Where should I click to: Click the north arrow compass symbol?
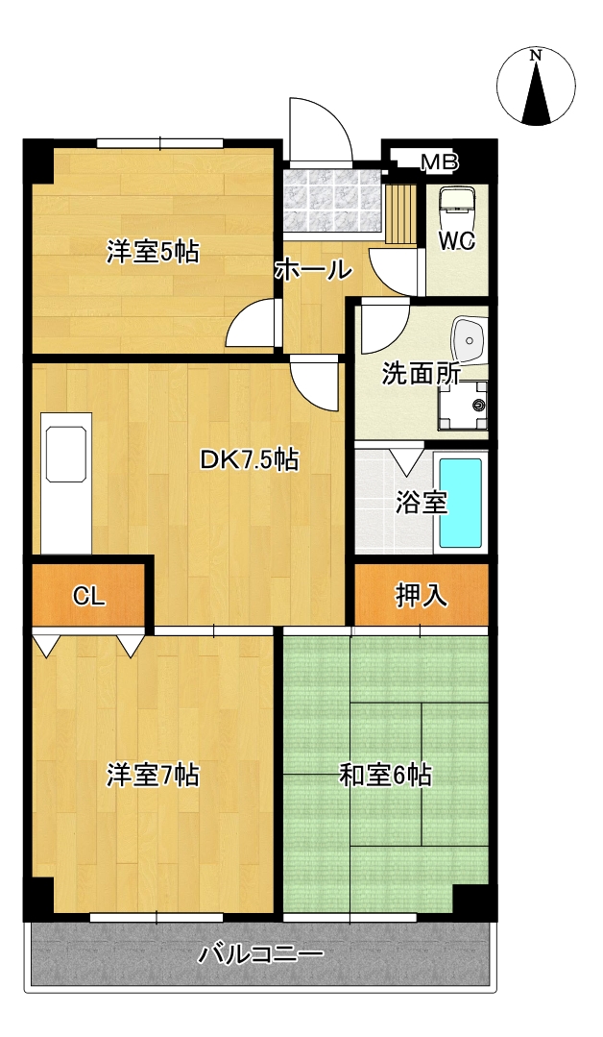click(537, 86)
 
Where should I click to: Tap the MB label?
click(439, 162)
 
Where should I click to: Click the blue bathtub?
click(460, 503)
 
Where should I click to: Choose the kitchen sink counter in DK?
click(66, 482)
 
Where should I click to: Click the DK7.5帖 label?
click(249, 459)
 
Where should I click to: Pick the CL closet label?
click(88, 597)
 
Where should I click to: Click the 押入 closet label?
click(422, 596)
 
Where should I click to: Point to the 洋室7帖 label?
click(154, 775)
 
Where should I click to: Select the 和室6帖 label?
click(386, 775)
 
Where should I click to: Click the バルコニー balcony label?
click(261, 954)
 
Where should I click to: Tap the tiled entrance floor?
click(333, 202)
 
